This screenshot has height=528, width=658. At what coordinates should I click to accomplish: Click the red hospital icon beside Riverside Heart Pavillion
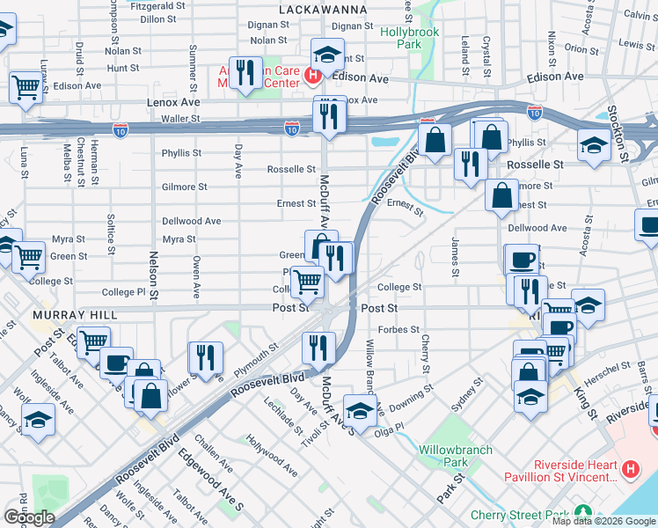click(x=630, y=471)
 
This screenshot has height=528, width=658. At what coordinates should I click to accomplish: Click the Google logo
click(x=29, y=517)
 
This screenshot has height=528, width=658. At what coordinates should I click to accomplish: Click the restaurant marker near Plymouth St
click(x=204, y=357)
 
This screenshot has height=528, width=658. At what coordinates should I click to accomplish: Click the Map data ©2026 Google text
click(x=603, y=521)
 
